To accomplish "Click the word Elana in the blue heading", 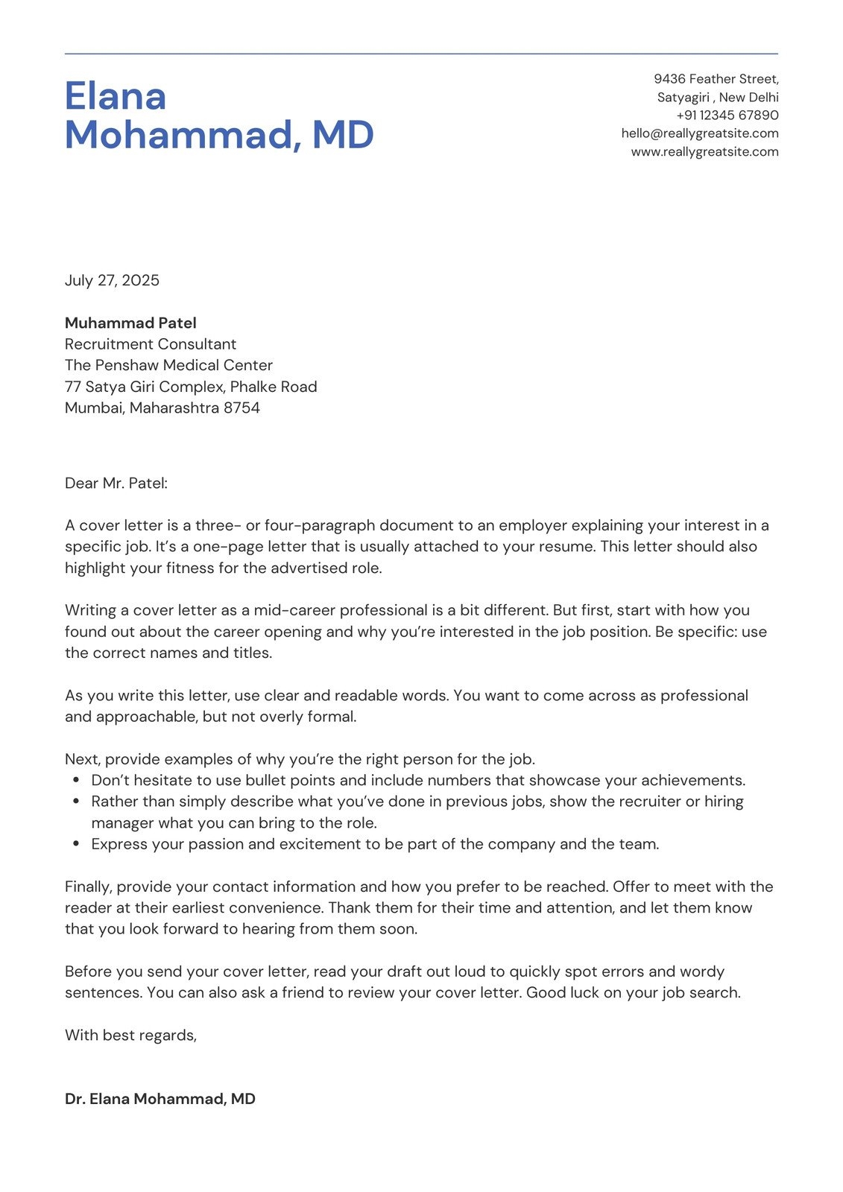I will click(x=115, y=97).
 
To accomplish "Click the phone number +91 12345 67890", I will click(x=727, y=115).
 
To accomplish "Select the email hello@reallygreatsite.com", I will click(x=699, y=133).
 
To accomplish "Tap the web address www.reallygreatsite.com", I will click(x=704, y=152).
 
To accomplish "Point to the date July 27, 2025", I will click(x=112, y=281).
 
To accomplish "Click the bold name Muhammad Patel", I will click(x=130, y=323).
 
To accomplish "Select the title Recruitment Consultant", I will click(x=150, y=344).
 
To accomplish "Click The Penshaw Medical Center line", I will click(x=168, y=366).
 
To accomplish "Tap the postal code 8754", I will click(x=241, y=408).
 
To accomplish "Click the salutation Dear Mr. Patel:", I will click(x=116, y=484).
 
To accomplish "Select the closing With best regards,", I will click(x=130, y=1036).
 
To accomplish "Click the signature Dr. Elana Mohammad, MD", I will click(x=160, y=1099).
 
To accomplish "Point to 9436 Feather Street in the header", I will click(x=716, y=79).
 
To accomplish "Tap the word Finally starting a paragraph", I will click(x=88, y=887).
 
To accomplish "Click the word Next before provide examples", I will click(x=82, y=760).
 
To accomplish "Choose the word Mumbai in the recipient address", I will click(x=95, y=408).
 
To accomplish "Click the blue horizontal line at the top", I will click(x=421, y=54).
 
